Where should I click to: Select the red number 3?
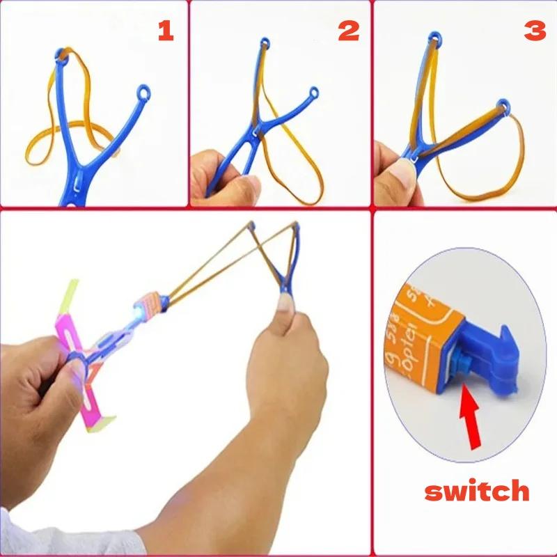[535, 31]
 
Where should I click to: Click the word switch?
[477, 490]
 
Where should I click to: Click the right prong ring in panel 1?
[145, 92]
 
